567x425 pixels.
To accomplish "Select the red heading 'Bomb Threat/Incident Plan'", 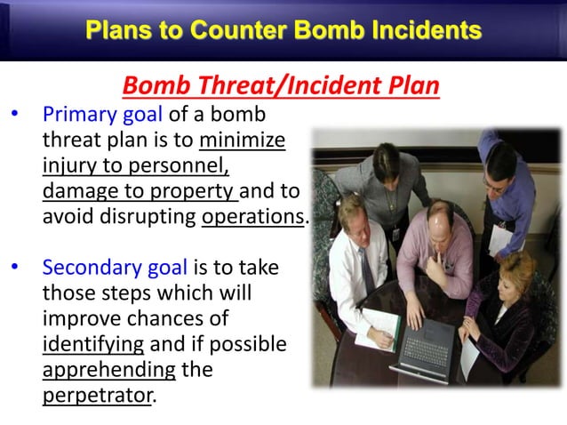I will pyautogui.click(x=281, y=87).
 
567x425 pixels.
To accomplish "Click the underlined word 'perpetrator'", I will pyautogui.click(x=97, y=395).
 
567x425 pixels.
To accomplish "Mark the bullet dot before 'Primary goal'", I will pyautogui.click(x=13, y=116).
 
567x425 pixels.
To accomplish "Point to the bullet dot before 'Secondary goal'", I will pyautogui.click(x=13, y=269).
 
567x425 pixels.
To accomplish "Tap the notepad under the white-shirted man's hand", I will pyautogui.click(x=374, y=337).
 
